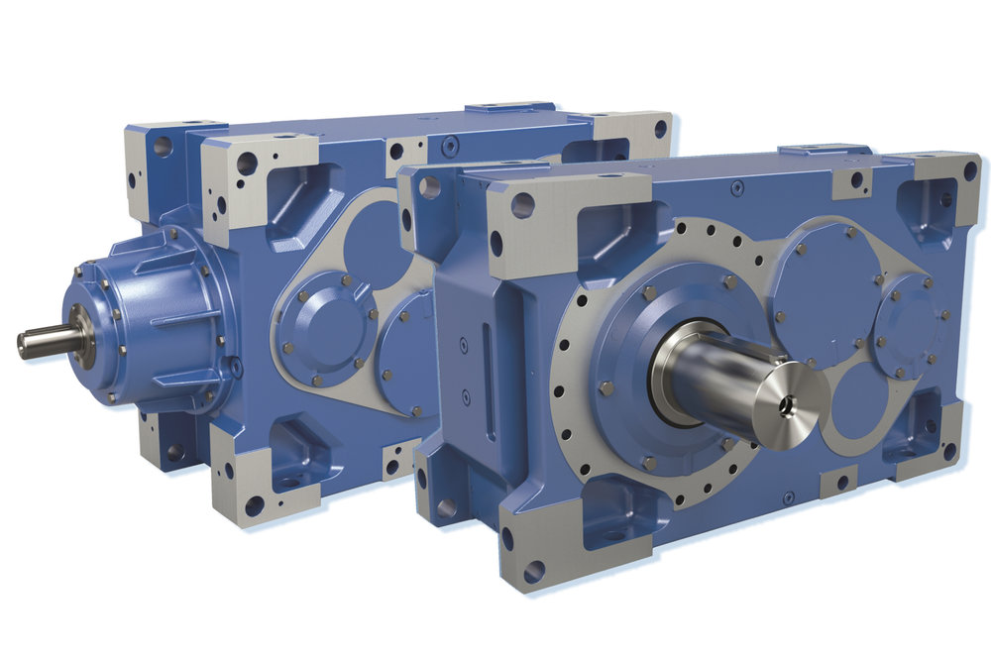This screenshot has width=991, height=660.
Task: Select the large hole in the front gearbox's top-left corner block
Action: point(521,205)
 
